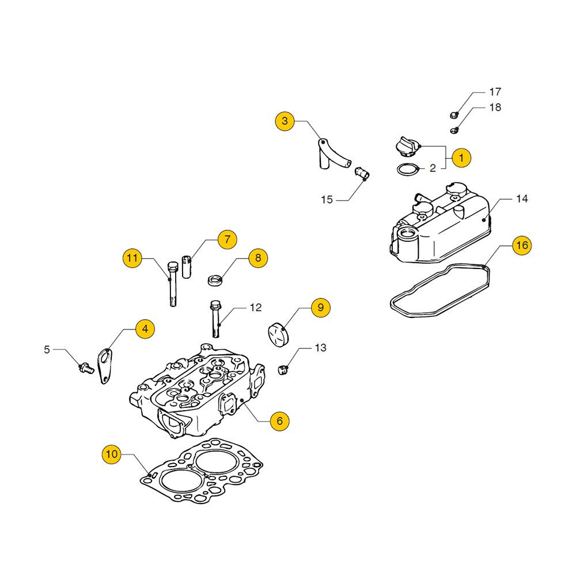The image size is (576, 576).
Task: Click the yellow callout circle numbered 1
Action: [461, 157]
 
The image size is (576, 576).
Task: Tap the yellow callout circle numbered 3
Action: [285, 122]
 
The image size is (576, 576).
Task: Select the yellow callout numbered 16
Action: [521, 245]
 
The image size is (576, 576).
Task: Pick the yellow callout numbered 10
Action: [112, 454]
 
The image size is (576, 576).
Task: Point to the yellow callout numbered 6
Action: [279, 421]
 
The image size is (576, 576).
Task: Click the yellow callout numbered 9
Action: [320, 308]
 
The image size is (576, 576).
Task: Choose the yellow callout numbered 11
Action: [132, 259]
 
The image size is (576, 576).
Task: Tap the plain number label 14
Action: [522, 199]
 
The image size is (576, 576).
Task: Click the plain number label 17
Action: [495, 92]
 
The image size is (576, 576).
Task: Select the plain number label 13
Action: [320, 348]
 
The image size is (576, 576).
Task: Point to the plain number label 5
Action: [47, 348]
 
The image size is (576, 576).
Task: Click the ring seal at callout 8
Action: [215, 281]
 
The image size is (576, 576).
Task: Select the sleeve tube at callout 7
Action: [186, 267]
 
